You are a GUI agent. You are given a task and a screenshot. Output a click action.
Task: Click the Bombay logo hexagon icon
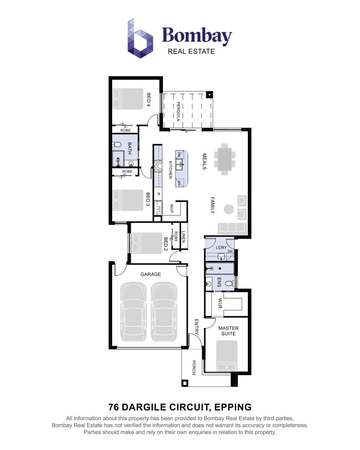pos(140,38)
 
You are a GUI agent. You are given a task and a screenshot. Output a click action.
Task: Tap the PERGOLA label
pos(178,111)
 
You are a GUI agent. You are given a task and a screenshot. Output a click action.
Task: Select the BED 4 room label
pos(148,100)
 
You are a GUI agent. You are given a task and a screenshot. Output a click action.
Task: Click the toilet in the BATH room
pos(117,145)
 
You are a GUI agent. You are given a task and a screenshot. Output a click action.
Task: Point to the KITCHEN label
pos(170,170)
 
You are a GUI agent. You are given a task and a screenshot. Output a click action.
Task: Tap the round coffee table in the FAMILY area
pos(229,209)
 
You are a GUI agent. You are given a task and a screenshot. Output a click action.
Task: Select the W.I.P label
pos(172,207)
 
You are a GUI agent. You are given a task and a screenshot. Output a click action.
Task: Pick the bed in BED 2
pos(146,243)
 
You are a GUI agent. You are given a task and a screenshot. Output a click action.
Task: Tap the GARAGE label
pos(150,275)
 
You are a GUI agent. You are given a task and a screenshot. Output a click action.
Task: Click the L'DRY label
pos(221,248)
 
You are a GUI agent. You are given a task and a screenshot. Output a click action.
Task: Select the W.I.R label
pos(220,303)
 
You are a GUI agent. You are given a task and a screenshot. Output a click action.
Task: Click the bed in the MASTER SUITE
pos(227,355)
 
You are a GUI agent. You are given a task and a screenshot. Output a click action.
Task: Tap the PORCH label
pos(194,367)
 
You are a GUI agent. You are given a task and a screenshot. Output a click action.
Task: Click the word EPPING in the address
pos(232,407)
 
